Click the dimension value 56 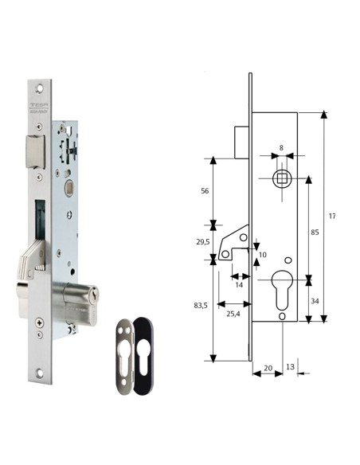pyautogui.click(x=204, y=191)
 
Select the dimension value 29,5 pyautogui.click(x=203, y=242)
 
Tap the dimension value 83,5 pyautogui.click(x=202, y=305)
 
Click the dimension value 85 pyautogui.click(x=315, y=232)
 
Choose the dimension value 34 pyautogui.click(x=315, y=300)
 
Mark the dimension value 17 pyautogui.click(x=333, y=216)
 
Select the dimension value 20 pyautogui.click(x=268, y=368)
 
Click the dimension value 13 pyautogui.click(x=289, y=367)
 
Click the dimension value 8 pyautogui.click(x=282, y=147)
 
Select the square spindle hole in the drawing pyautogui.click(x=282, y=178)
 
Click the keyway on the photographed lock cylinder pyautogui.click(x=96, y=298)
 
